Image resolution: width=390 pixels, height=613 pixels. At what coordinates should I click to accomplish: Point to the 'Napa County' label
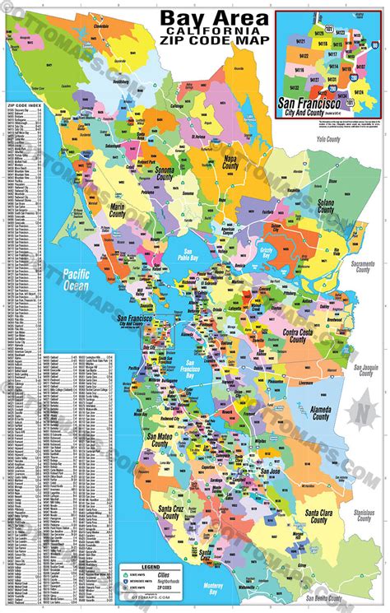click(x=224, y=169)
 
